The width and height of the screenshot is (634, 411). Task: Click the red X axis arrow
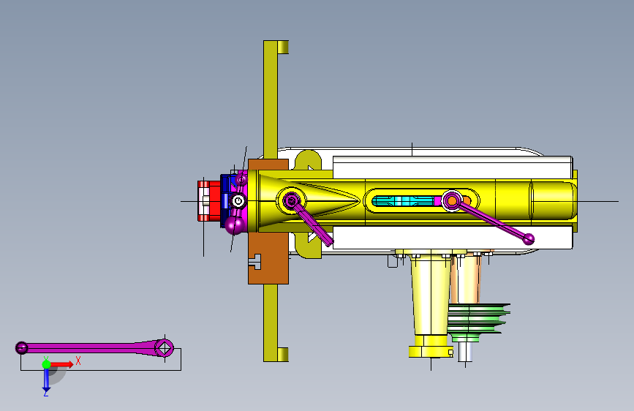[x=61, y=364]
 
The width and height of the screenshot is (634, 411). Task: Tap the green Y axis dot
[x=46, y=364]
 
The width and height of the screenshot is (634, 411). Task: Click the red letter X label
[x=78, y=361]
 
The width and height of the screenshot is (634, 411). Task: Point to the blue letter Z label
[x=46, y=393]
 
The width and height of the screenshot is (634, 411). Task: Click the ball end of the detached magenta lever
[x=21, y=347]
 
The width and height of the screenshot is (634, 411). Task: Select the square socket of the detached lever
[x=164, y=348]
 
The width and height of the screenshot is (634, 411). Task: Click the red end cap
[x=208, y=201]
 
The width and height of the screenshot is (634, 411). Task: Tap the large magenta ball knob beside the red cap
[x=235, y=225]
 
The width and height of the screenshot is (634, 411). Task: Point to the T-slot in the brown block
[x=256, y=262]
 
